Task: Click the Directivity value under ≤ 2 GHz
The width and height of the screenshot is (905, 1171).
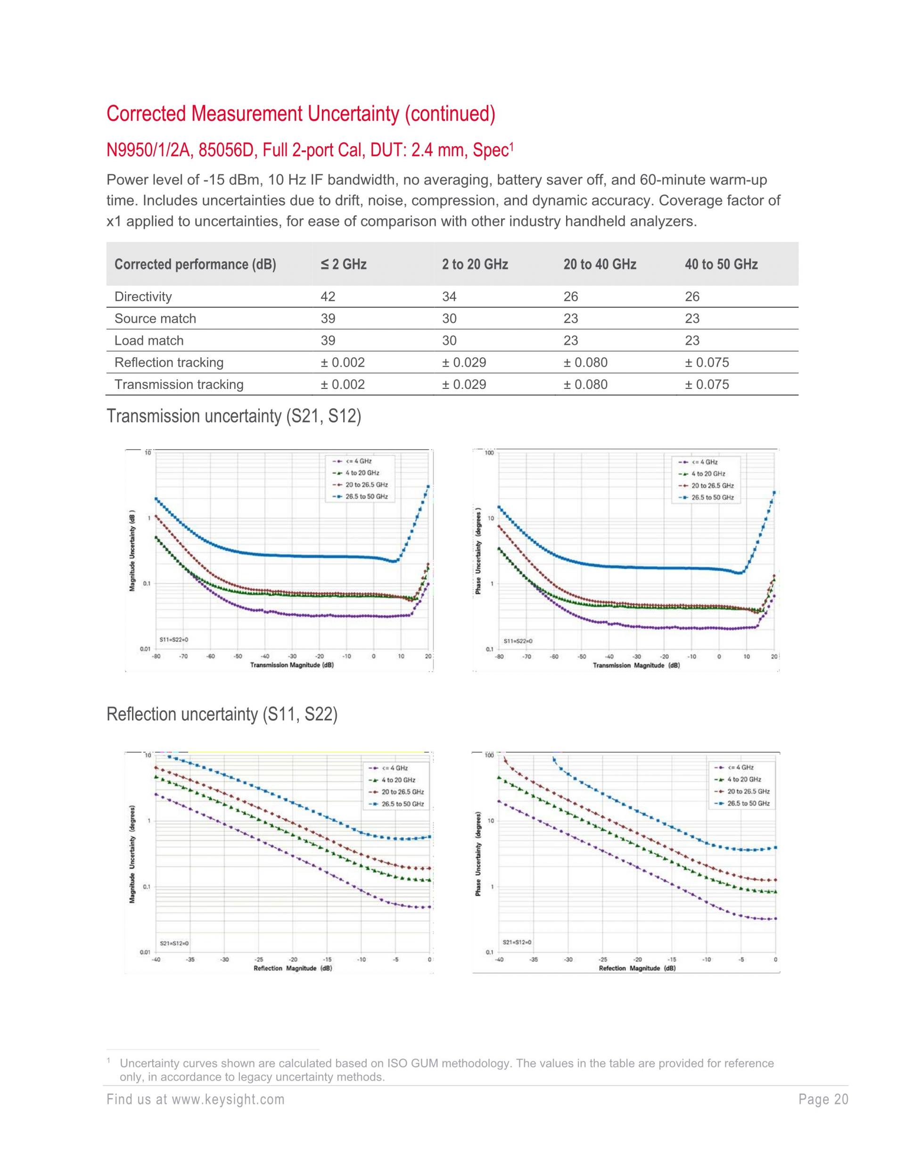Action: click(x=328, y=297)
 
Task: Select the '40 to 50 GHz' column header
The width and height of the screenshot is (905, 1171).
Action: click(x=721, y=264)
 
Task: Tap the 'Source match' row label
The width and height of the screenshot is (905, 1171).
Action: click(x=155, y=319)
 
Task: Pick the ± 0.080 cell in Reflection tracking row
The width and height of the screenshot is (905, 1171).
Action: click(x=585, y=363)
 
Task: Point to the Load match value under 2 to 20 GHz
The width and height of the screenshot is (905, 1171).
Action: click(x=449, y=340)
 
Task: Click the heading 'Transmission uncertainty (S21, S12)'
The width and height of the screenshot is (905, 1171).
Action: click(x=234, y=416)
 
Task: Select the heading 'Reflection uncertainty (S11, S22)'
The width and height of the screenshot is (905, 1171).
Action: click(x=222, y=714)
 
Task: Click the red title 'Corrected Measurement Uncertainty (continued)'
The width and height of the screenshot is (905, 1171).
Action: click(x=301, y=114)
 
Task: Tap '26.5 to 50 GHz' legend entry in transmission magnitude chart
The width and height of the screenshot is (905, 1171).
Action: click(x=366, y=496)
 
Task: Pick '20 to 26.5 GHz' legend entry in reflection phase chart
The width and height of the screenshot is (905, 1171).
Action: click(x=748, y=792)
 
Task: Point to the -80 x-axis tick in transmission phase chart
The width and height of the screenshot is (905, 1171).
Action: click(x=499, y=657)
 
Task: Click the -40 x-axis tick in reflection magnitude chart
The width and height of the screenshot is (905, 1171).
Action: click(x=156, y=960)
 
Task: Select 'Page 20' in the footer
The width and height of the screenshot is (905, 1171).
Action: click(x=823, y=1100)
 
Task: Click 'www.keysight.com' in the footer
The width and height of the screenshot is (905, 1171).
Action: click(x=228, y=1100)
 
